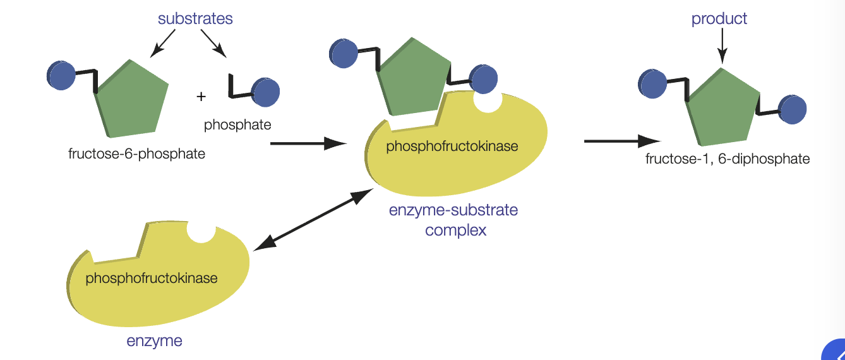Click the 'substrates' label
pos(195,19)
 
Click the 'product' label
pos(719,19)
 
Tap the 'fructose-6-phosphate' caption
pos(136,153)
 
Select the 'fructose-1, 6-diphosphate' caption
pos(727,159)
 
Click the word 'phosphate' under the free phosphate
pos(237,124)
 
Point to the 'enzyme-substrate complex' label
pos(453,219)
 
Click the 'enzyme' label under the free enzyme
pos(154,341)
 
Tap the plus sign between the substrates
pos(201,97)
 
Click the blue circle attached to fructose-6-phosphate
pos(61,75)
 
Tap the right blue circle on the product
pos(793,109)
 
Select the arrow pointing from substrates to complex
pos(308,144)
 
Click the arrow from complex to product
pos(621,141)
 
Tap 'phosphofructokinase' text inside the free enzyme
pos(152,278)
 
